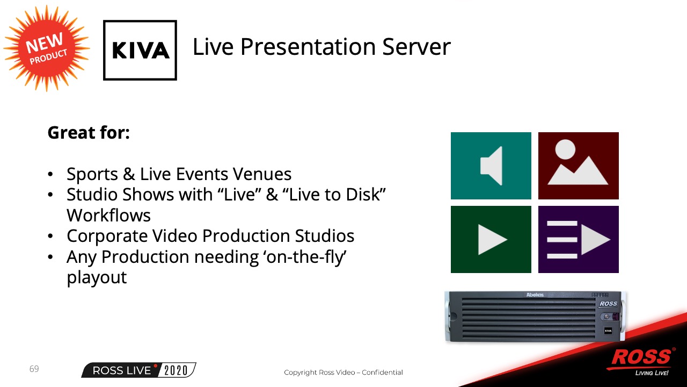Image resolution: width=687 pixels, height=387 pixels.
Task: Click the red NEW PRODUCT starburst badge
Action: pos(47,48)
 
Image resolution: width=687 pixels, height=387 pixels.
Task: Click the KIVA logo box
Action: pos(140,50)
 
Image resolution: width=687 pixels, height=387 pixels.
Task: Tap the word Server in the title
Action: pos(416,47)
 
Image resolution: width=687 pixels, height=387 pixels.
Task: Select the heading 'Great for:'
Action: pos(89,133)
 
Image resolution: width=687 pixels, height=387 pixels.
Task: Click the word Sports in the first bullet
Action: pos(92,175)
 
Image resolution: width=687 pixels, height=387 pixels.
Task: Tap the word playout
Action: pos(97,278)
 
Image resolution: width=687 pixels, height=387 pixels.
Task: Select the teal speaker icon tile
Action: pos(491,166)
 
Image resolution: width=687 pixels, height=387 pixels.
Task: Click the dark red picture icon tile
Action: pos(579,166)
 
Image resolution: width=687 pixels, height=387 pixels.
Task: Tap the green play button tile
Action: pos(491,239)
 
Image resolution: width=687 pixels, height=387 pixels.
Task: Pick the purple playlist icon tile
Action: pos(579,239)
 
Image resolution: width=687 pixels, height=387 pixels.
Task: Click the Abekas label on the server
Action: pos(535,295)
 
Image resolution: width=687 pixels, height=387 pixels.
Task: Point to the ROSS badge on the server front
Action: pos(608,304)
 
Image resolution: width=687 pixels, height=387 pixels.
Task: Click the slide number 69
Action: pos(34,369)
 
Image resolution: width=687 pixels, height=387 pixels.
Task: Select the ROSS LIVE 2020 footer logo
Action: pos(138,370)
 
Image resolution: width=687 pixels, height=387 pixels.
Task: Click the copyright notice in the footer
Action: pos(343,372)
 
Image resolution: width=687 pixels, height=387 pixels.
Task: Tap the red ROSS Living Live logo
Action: pos(642,361)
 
